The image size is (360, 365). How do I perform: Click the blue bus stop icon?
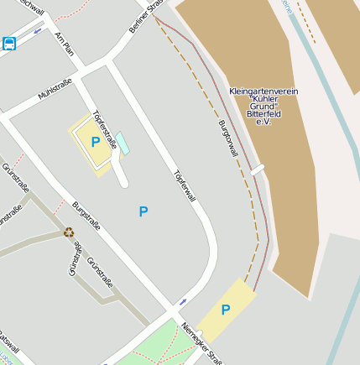(8, 44)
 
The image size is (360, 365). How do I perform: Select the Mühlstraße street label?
(55, 88)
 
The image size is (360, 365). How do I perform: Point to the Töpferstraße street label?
(105, 129)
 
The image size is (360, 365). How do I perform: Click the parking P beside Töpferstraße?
(95, 143)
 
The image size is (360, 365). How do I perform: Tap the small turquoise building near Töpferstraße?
(123, 143)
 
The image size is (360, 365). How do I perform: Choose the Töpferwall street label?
(184, 186)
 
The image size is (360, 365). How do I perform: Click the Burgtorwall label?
(228, 139)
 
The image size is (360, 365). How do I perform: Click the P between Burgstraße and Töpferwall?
(143, 211)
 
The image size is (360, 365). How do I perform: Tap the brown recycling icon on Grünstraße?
(69, 232)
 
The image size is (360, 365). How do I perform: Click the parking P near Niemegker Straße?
(225, 310)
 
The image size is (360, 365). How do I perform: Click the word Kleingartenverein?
(263, 91)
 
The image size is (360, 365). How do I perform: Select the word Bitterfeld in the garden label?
(263, 114)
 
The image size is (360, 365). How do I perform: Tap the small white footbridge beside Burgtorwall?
(258, 169)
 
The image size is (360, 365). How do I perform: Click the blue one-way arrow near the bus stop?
(39, 31)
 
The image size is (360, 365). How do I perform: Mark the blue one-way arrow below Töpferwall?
(183, 300)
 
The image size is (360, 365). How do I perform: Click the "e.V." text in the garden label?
(263, 123)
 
